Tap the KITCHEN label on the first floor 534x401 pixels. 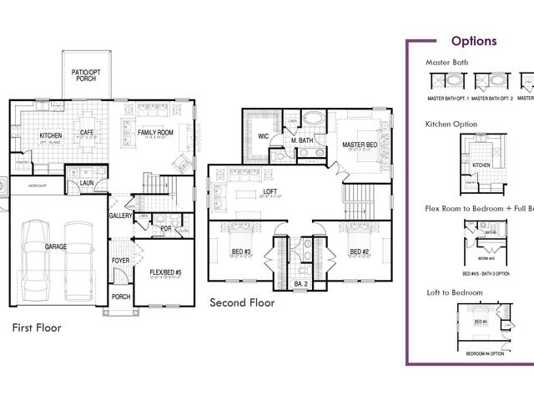pyautogui.click(x=52, y=135)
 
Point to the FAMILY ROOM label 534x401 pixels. pyautogui.click(x=155, y=132)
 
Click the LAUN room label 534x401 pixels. pyautogui.click(x=87, y=183)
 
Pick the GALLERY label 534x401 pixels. pyautogui.click(x=121, y=216)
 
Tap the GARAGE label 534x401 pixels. pyautogui.click(x=57, y=247)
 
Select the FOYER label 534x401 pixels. pyautogui.click(x=121, y=260)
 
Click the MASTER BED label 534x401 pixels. pyautogui.click(x=360, y=145)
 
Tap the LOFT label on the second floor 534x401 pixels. pyautogui.click(x=270, y=191)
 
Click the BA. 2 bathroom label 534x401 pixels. pyautogui.click(x=300, y=285)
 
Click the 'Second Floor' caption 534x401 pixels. pyautogui.click(x=241, y=302)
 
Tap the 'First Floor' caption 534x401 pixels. pyautogui.click(x=36, y=328)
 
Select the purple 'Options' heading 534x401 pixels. pyautogui.click(x=473, y=41)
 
